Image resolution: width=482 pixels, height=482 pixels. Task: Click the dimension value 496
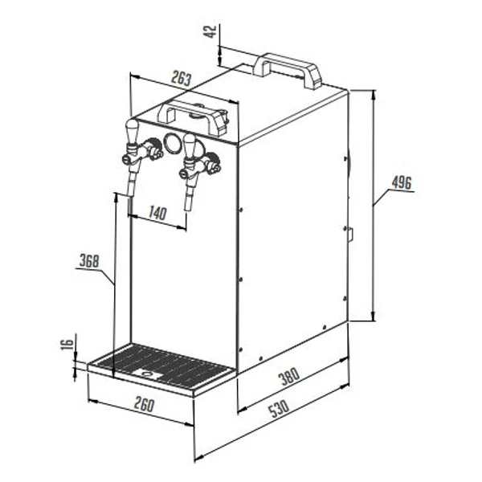(401, 183)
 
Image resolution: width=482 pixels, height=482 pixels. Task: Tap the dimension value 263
(181, 78)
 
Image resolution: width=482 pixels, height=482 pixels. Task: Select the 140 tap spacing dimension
(157, 213)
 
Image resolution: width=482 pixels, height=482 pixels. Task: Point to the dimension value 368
(89, 261)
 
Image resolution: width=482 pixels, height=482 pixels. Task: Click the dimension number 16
(67, 344)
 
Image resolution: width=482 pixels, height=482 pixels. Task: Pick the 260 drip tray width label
(144, 405)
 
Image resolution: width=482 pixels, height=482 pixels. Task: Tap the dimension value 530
(279, 409)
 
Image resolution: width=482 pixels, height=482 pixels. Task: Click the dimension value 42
(210, 31)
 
